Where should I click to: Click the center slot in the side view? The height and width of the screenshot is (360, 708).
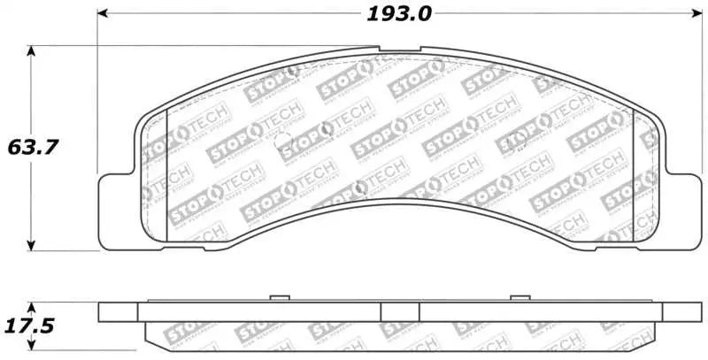click(x=399, y=312)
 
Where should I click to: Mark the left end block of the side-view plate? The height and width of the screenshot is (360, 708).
click(x=119, y=312)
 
